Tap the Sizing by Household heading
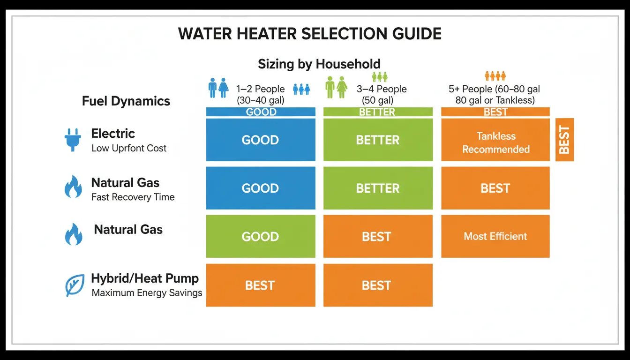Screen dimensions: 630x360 (x=319, y=64)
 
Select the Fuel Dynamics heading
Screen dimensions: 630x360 (x=126, y=101)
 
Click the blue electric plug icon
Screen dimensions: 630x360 (x=73, y=140)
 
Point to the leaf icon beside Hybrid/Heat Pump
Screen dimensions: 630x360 (x=75, y=285)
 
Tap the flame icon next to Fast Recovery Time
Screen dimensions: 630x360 (x=74, y=187)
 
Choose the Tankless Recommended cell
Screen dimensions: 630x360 (x=495, y=140)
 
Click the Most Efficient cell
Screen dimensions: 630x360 (x=495, y=236)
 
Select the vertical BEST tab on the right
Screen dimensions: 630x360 (x=564, y=140)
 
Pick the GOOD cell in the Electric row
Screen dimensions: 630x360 (x=261, y=140)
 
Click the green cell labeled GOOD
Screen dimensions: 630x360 (x=261, y=236)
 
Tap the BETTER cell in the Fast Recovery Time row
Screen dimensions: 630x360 (x=378, y=188)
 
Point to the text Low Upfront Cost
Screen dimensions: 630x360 (x=129, y=148)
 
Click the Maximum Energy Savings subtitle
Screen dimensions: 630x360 (x=147, y=293)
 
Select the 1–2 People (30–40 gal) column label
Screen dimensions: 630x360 (x=261, y=95)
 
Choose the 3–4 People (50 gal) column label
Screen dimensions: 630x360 (x=382, y=95)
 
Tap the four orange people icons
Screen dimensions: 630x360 (x=495, y=76)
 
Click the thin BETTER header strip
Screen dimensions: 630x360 (x=378, y=112)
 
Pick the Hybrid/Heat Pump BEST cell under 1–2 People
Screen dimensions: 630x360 (x=261, y=285)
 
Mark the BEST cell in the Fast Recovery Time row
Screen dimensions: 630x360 (x=495, y=188)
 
